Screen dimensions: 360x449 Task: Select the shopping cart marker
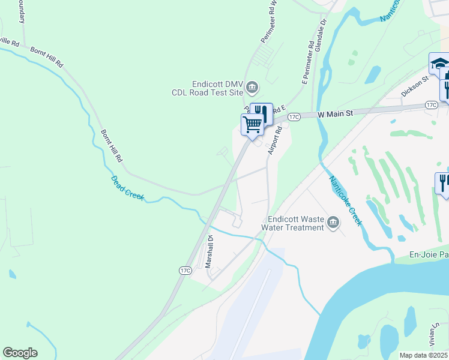tap(253, 124)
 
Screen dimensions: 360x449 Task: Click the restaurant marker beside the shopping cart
tap(261, 112)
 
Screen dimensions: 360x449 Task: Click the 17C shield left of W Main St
tap(293, 116)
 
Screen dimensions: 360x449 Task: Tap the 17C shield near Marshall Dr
tap(185, 271)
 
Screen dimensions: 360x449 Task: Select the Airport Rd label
tap(275, 140)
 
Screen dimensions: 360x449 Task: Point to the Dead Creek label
tap(127, 188)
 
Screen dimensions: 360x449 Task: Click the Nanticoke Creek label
tap(346, 200)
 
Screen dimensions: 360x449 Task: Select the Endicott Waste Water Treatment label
tap(295, 223)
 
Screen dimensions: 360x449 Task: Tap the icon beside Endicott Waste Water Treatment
tap(333, 224)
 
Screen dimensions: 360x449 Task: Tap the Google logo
tap(20, 353)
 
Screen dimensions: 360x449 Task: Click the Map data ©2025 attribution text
tap(424, 355)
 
